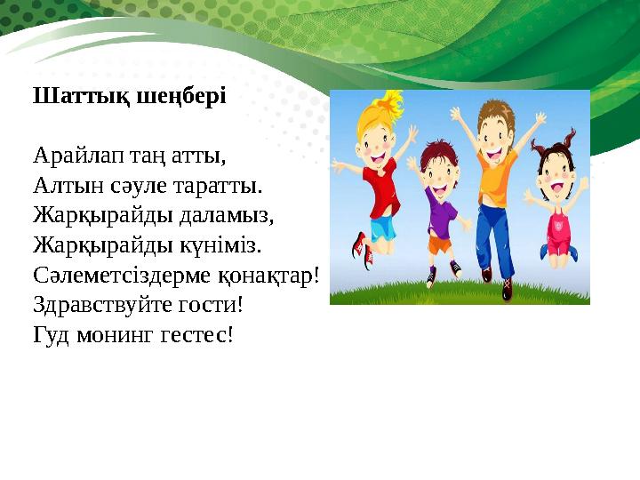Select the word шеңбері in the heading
tap(180, 97)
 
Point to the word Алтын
tap(68, 186)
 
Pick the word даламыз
tap(226, 216)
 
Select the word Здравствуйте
tap(102, 305)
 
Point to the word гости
tap(211, 306)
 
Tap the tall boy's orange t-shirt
tap(496, 173)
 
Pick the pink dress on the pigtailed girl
tap(557, 229)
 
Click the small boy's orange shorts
tap(440, 244)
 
